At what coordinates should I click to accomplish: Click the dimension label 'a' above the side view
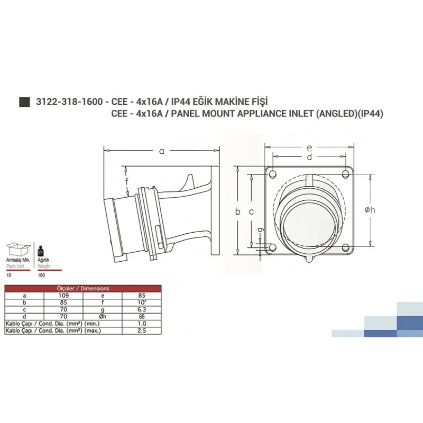[x=162, y=152]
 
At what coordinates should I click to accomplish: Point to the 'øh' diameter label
[x=370, y=210]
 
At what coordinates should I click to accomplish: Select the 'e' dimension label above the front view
[x=309, y=148]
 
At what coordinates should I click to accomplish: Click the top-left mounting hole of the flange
[x=272, y=174]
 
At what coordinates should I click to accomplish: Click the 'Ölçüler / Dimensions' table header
[x=83, y=289]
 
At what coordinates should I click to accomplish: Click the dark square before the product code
[x=23, y=103]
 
